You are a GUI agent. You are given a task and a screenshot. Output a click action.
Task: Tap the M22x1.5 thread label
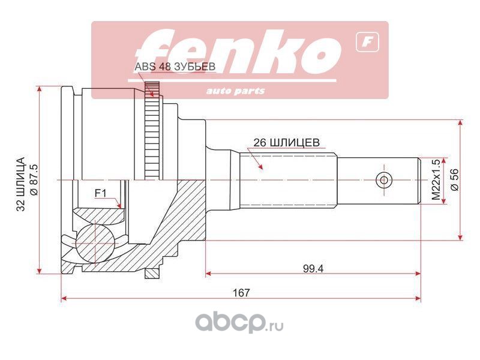437,181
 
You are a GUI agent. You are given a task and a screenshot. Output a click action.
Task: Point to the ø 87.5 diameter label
34,180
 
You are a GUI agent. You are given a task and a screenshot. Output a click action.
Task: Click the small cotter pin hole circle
383,180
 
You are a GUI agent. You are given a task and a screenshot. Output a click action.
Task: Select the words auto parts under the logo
235,91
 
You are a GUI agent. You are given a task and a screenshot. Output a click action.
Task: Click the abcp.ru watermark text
239,324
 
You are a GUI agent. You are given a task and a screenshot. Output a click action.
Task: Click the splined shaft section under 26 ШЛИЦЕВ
288,179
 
